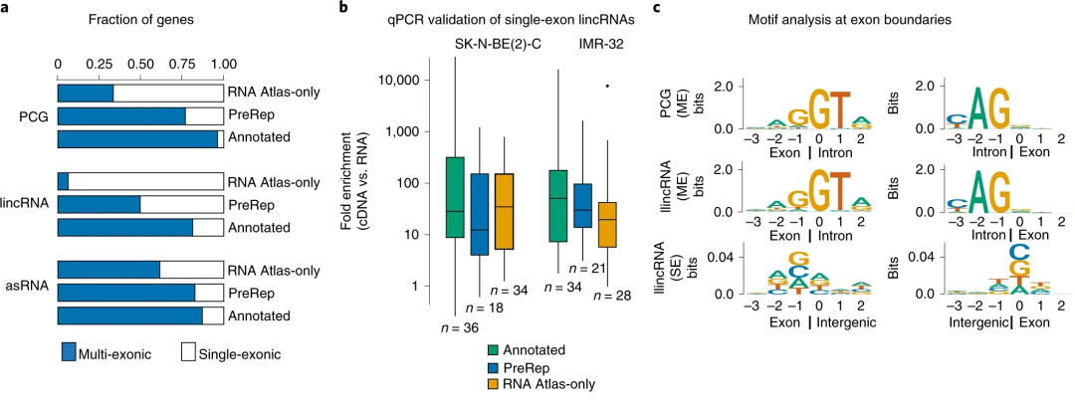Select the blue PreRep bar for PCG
(121, 115)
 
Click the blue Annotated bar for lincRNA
(125, 228)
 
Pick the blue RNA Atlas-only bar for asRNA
(108, 270)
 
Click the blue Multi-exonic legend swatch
(68, 352)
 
